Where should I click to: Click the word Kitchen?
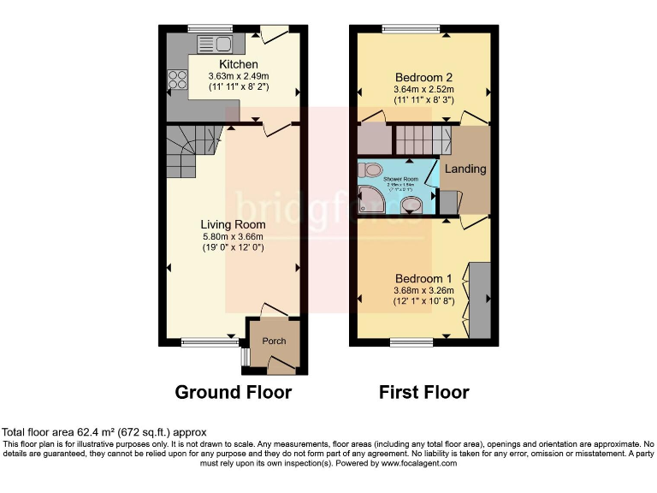click(x=239, y=65)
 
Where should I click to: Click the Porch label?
click(x=274, y=342)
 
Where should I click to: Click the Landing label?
click(x=465, y=169)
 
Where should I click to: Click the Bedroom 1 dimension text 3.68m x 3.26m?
click(x=423, y=290)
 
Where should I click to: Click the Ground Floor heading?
click(x=233, y=393)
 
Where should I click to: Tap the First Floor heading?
click(x=423, y=393)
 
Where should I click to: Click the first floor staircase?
click(x=422, y=137)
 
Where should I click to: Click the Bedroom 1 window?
click(x=412, y=343)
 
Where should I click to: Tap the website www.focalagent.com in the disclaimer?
click(x=420, y=463)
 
